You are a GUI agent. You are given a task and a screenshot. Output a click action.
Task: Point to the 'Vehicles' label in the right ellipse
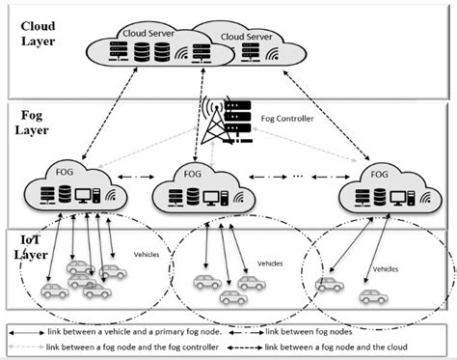[385, 269]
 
